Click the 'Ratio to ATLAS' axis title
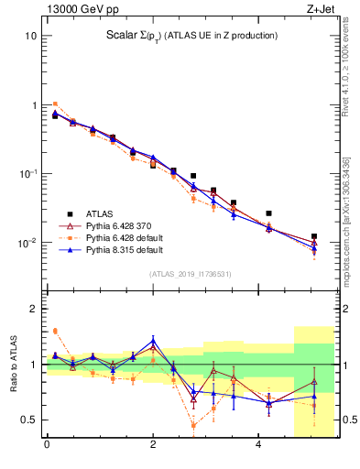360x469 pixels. [13, 364]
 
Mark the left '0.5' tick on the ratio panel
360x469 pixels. [28, 420]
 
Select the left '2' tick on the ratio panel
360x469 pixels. [33, 309]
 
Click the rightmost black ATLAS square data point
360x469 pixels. [314, 236]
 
